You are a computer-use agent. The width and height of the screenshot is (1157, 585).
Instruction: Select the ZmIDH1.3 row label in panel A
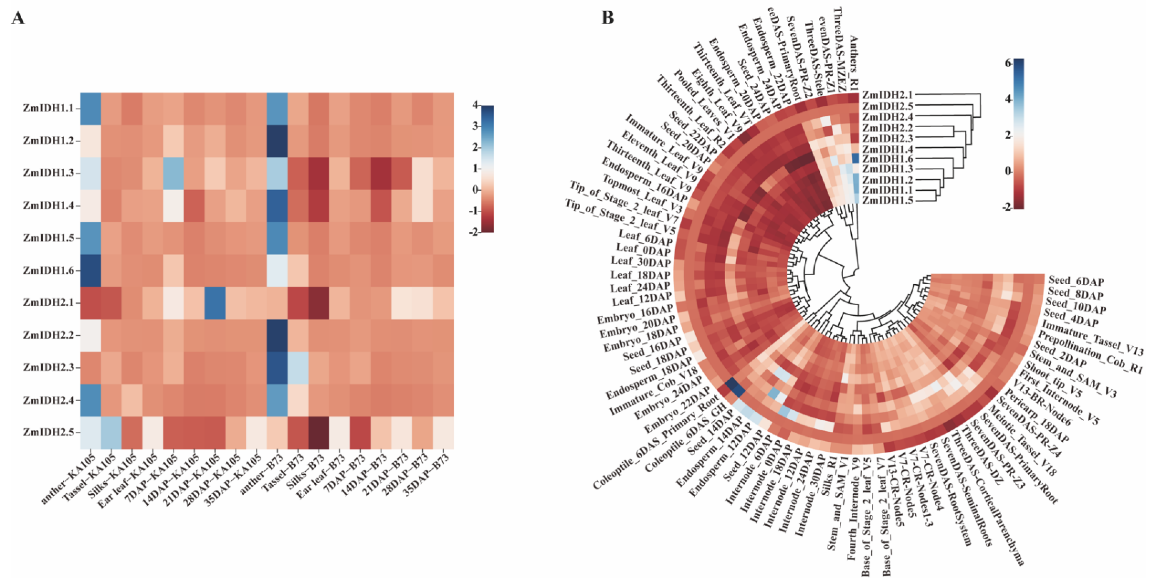point(48,173)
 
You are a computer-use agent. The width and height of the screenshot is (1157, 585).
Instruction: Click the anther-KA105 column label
point(67,478)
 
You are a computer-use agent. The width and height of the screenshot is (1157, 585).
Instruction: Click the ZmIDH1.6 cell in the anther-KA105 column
point(91,271)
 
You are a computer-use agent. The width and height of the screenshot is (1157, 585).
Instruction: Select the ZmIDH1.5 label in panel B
point(887,201)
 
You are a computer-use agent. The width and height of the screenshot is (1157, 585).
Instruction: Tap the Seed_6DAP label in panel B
point(1076,281)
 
